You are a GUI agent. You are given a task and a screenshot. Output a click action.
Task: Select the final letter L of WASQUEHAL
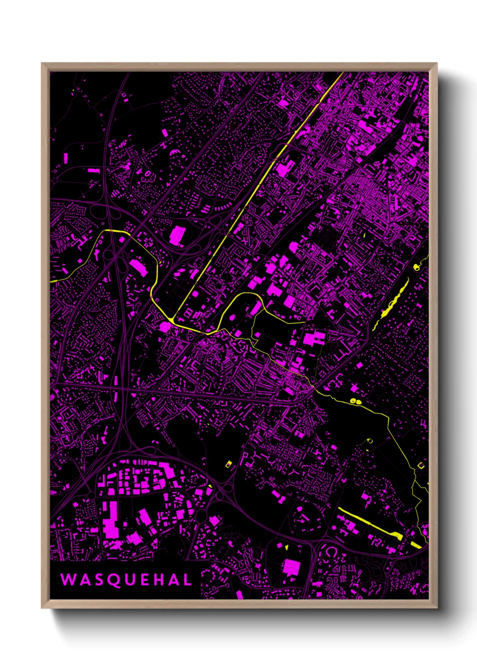click(187, 580)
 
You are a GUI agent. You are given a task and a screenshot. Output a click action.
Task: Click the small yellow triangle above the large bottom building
click(286, 547)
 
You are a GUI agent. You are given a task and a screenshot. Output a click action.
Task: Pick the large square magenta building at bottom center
click(291, 567)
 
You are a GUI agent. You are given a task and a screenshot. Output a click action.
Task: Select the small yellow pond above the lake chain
click(416, 268)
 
